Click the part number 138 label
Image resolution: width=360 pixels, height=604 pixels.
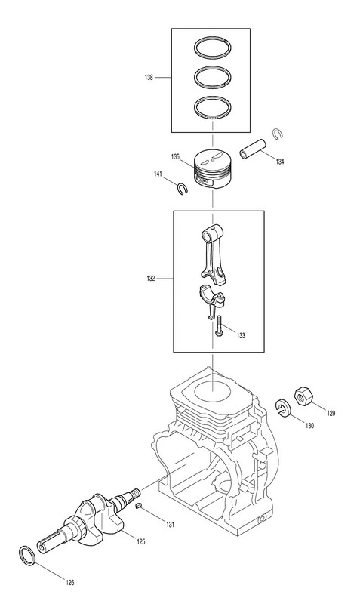point(149,78)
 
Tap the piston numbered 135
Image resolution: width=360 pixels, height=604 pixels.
point(213,168)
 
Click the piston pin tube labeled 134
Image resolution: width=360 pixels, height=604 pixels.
point(252,149)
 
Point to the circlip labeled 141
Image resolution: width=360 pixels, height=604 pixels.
point(182,188)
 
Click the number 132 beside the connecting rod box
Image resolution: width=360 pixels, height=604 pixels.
point(150,278)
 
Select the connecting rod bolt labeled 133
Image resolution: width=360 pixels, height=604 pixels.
point(219,327)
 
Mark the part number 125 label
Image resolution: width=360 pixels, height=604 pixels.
point(141,541)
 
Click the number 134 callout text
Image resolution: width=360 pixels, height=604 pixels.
point(279,162)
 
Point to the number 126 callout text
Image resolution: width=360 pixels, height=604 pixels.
point(69,582)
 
